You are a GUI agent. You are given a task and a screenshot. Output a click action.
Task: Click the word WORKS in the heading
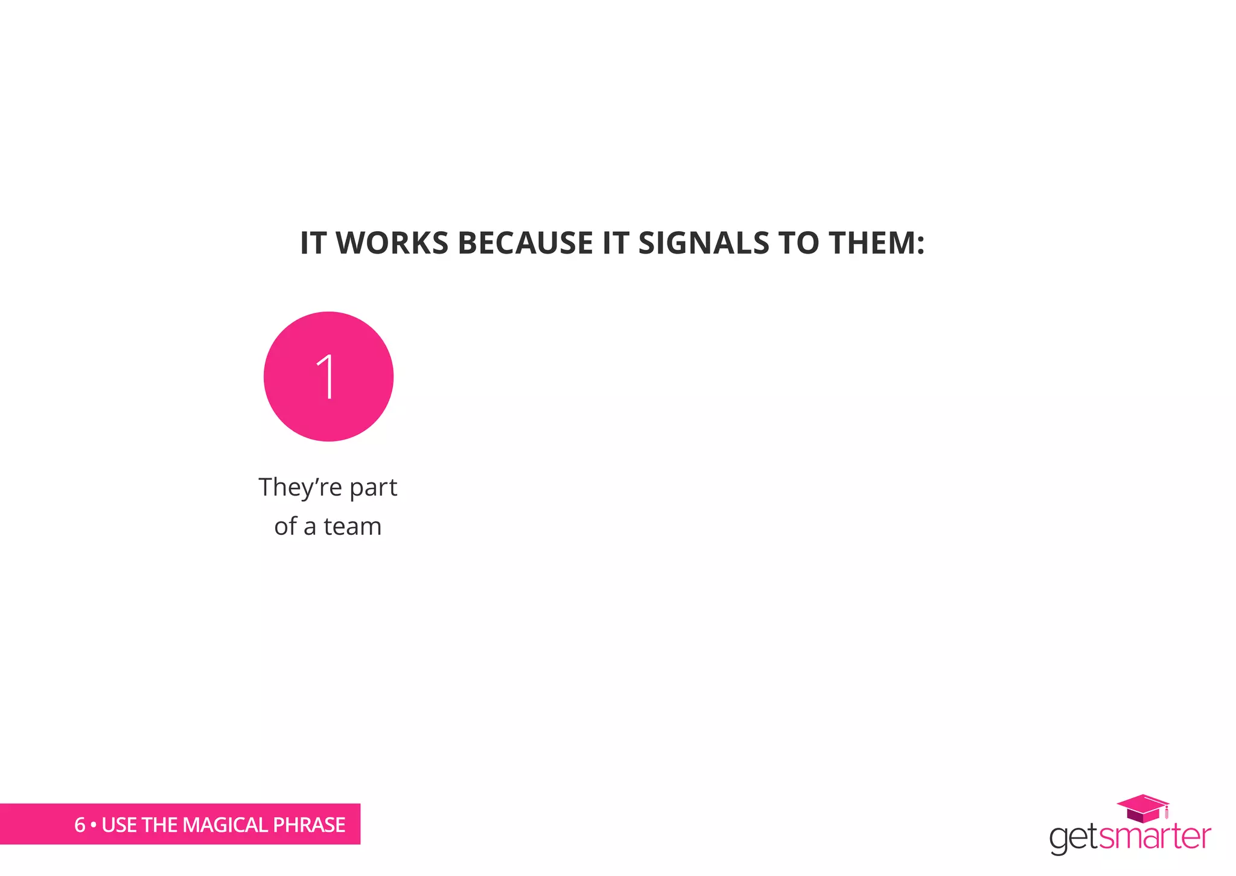(392, 243)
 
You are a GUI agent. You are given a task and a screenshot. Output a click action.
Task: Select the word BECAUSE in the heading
(525, 243)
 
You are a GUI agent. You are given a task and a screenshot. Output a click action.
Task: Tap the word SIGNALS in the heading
(704, 243)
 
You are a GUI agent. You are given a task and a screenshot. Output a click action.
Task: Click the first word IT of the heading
(313, 243)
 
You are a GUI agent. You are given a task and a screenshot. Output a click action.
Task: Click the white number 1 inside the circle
(327, 377)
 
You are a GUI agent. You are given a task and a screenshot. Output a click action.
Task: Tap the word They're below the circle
(300, 487)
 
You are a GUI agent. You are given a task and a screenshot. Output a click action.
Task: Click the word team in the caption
(352, 526)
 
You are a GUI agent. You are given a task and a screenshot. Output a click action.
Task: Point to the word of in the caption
(285, 526)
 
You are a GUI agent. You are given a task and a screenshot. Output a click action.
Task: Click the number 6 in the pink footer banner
(80, 825)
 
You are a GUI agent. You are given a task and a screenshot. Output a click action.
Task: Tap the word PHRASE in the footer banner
(309, 825)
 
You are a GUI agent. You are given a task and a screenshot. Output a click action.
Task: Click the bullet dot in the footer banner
(94, 825)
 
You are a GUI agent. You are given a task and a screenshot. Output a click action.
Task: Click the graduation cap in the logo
(1142, 808)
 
